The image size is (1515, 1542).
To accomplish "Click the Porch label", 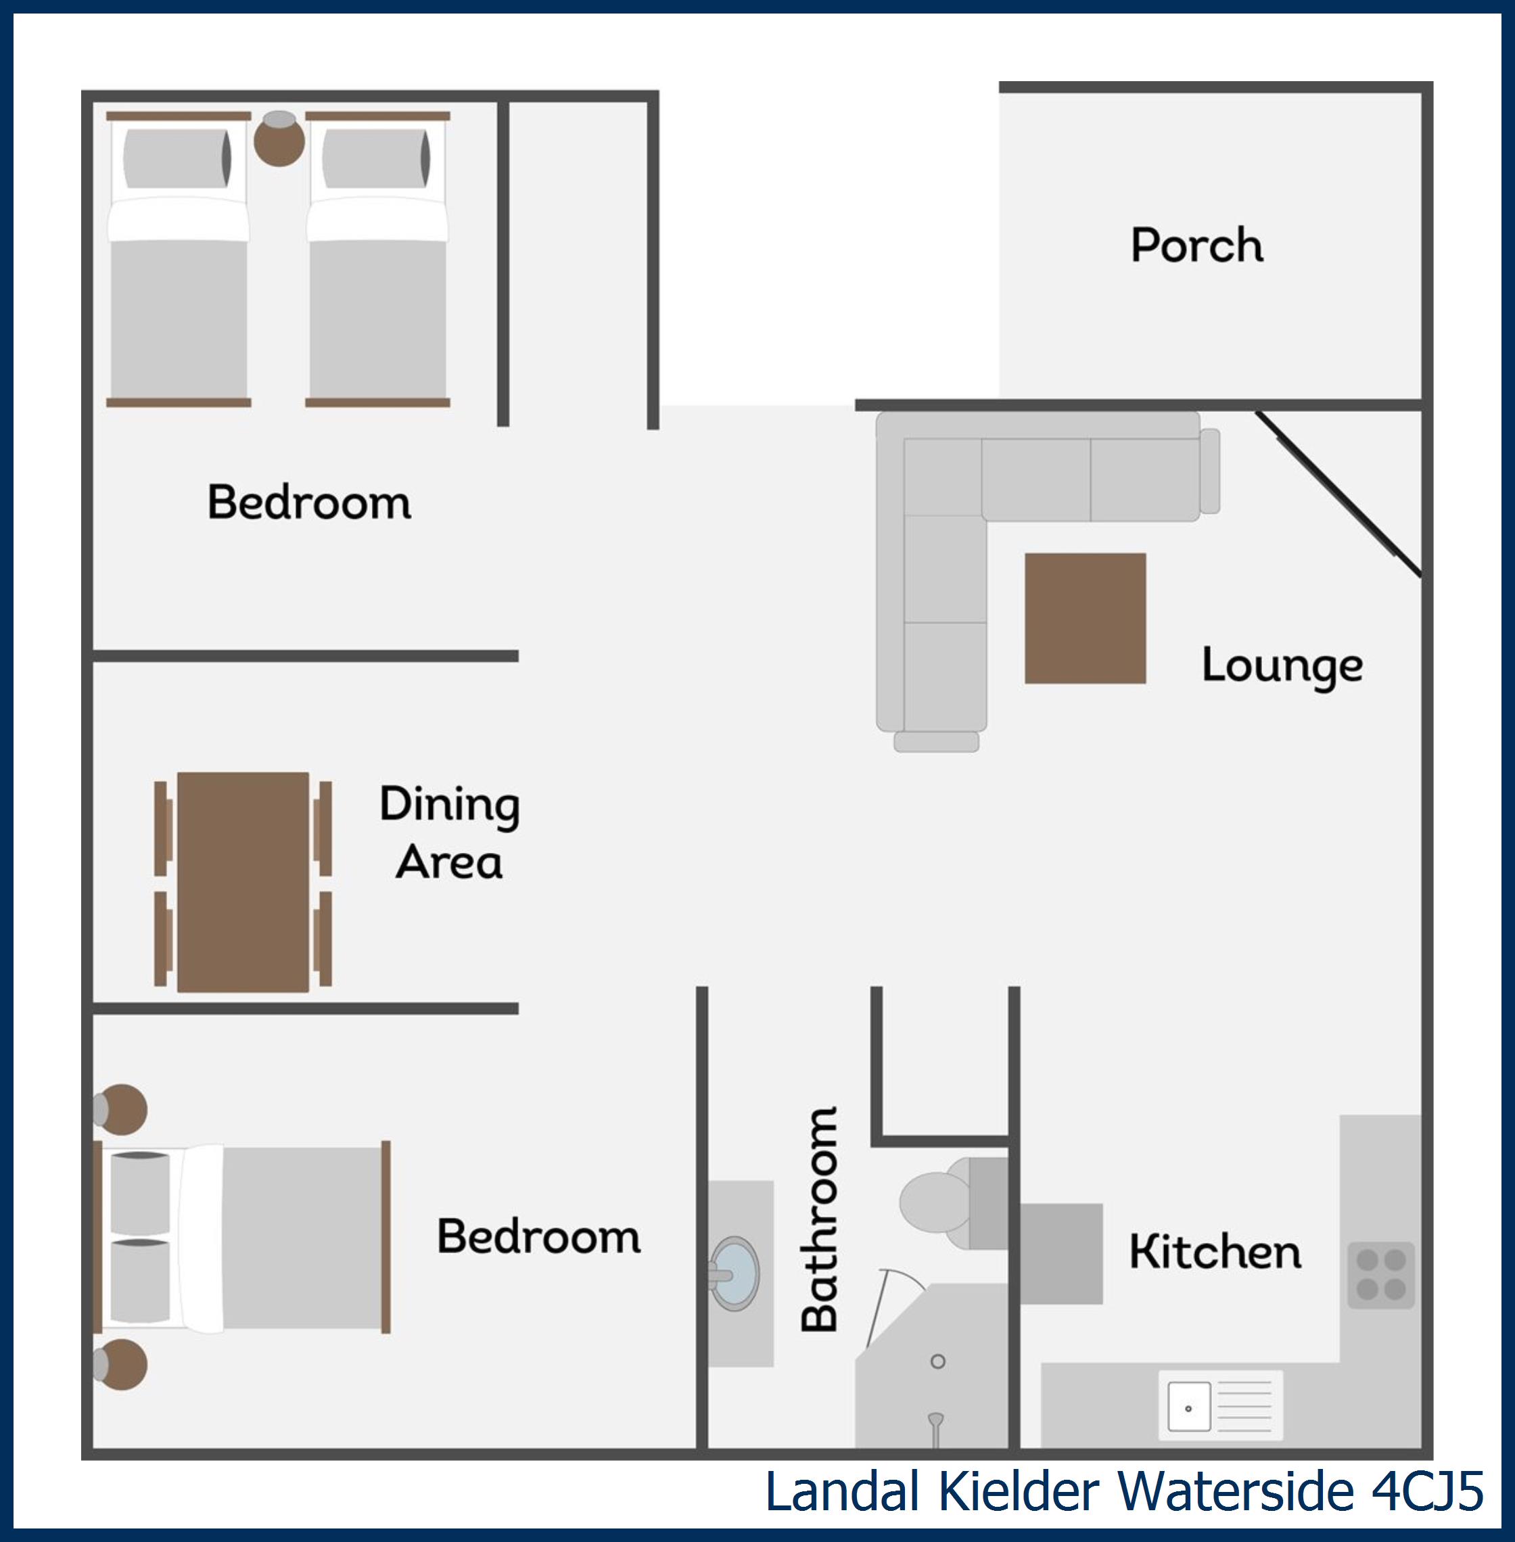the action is click(x=1196, y=244).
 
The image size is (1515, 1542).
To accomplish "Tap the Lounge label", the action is click(x=1282, y=666).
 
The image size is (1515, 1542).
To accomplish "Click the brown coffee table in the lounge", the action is click(x=1086, y=618).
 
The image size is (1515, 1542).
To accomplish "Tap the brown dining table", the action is click(x=243, y=882).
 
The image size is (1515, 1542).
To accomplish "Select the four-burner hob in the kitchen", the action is click(x=1381, y=1276).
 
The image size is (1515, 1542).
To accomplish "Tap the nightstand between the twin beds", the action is click(x=279, y=139).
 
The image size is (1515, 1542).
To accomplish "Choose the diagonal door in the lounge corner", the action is click(x=1338, y=492).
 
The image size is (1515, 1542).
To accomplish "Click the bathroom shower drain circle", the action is click(x=938, y=1361).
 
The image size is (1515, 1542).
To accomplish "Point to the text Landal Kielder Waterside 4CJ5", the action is click(x=1123, y=1491).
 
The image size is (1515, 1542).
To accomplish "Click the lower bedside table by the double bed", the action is click(x=120, y=1365).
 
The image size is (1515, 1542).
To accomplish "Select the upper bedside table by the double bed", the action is click(x=120, y=1108).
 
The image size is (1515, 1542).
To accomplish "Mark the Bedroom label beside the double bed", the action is click(x=538, y=1236).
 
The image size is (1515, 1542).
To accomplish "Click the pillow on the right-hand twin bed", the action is click(x=376, y=158).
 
